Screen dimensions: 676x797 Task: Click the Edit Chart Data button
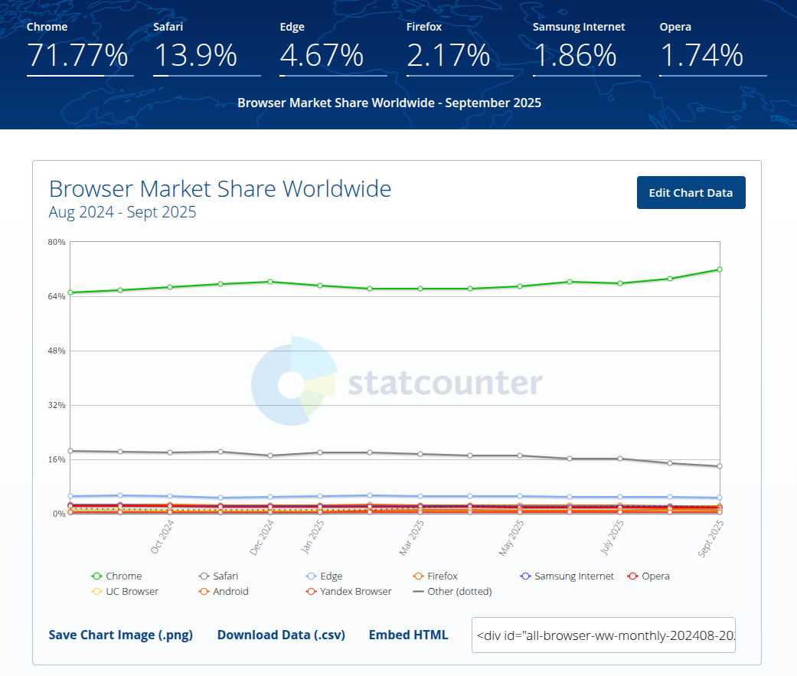[691, 193]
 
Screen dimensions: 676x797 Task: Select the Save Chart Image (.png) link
[120, 635]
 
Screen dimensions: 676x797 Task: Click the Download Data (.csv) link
[280, 635]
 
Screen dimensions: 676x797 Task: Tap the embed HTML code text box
[603, 635]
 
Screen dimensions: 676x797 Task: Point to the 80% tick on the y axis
[57, 242]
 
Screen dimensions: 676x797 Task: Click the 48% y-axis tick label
[57, 351]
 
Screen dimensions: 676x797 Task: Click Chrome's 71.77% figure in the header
[77, 56]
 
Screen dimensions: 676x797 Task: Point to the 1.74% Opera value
[701, 56]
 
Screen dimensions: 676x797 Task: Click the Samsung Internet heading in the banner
[579, 27]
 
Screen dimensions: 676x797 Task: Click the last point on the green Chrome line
[720, 269]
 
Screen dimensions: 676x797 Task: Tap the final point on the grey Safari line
[720, 466]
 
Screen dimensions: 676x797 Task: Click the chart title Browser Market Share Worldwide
[220, 188]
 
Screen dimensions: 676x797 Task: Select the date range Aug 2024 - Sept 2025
[122, 212]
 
